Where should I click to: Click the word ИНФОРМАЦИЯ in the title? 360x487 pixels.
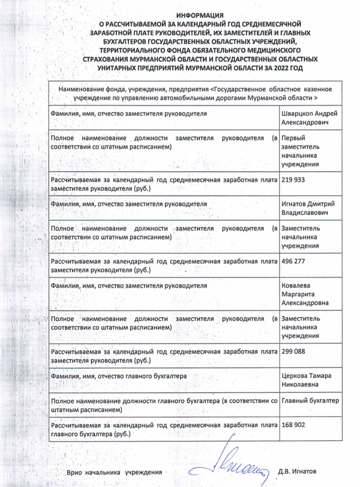click(200, 15)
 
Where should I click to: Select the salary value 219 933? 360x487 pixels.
click(293, 180)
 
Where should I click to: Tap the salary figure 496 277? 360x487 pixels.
click(293, 261)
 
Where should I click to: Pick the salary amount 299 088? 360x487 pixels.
click(293, 352)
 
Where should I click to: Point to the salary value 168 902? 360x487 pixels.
click(293, 425)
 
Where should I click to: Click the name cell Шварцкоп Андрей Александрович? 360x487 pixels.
click(309, 118)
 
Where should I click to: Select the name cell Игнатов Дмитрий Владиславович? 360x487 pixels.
click(308, 208)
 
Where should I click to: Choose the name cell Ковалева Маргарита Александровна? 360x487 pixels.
click(305, 294)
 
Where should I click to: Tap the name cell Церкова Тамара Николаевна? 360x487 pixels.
click(306, 380)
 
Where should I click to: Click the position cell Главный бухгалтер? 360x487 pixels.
click(310, 401)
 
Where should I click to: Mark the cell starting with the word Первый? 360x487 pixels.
click(300, 151)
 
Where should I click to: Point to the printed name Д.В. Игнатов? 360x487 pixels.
click(297, 471)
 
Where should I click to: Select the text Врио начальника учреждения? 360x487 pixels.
click(114, 472)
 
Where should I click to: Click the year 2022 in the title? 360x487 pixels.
click(282, 68)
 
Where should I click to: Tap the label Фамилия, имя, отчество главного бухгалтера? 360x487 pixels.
click(119, 376)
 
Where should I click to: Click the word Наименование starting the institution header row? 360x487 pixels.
click(81, 89)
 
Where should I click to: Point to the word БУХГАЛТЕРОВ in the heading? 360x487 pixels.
click(124, 42)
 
